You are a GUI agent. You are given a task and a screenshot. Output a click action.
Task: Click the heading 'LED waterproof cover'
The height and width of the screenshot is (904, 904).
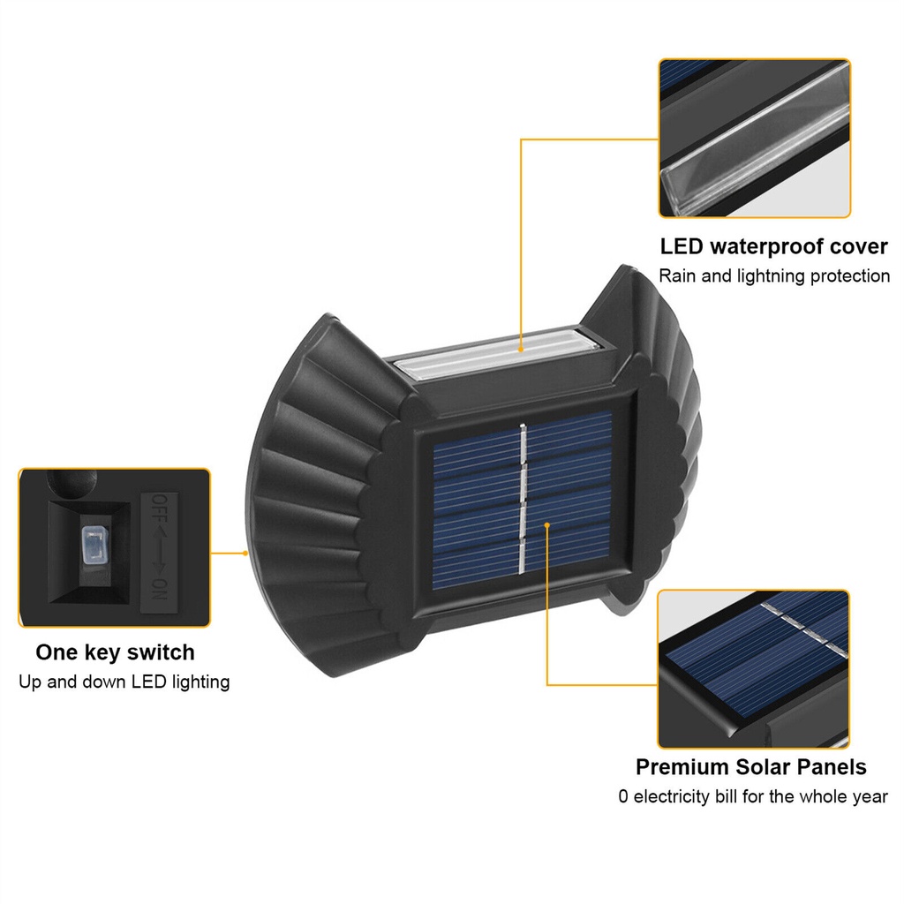pos(773,247)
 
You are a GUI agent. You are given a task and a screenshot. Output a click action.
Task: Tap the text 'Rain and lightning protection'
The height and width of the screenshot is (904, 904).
pos(774,276)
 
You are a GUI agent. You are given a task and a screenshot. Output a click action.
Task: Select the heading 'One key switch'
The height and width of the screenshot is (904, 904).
pos(116,652)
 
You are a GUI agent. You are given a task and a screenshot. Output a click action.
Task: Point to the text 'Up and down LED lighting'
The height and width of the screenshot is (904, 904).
pos(124,682)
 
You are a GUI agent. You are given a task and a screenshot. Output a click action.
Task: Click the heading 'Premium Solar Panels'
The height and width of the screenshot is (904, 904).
pos(751,767)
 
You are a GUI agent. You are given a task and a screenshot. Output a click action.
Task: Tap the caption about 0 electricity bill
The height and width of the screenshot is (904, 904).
pos(753,797)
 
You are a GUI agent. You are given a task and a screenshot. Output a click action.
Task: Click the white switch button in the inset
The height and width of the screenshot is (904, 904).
pos(95,545)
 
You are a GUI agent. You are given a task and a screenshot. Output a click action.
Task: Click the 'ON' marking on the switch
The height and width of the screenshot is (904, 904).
pos(159,589)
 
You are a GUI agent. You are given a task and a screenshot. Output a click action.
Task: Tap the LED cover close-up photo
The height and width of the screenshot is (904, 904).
pos(755,139)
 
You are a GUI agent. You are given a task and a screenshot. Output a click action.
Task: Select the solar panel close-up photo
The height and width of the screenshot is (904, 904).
pos(754,669)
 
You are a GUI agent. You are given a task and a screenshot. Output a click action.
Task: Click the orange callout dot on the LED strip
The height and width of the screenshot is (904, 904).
pos(521,350)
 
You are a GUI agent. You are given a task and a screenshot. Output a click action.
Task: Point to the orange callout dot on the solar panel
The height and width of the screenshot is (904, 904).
pos(546,524)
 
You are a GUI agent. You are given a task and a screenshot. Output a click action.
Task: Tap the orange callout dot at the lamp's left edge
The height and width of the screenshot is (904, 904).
pos(245,553)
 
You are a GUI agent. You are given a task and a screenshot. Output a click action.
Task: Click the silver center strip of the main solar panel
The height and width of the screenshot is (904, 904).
pos(523,500)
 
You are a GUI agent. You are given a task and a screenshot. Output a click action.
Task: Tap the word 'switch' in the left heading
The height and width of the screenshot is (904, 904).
pos(161,652)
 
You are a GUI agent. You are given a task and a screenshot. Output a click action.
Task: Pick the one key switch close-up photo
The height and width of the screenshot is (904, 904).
pos(115,547)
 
